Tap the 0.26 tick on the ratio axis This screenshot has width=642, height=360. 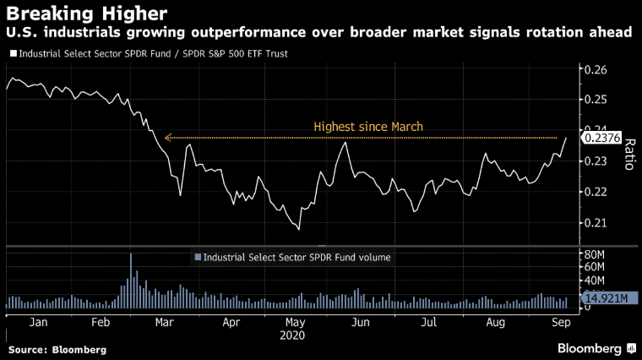pyautogui.click(x=596, y=69)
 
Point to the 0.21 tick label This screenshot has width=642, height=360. pyautogui.click(x=596, y=223)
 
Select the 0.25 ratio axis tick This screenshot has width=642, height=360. pyautogui.click(x=596, y=100)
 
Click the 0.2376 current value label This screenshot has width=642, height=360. pyautogui.click(x=601, y=139)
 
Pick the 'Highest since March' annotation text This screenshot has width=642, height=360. pyautogui.click(x=367, y=127)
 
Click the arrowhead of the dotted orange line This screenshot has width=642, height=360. pyautogui.click(x=168, y=137)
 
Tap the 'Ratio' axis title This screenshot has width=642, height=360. pyautogui.click(x=628, y=154)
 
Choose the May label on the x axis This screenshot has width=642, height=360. pyautogui.click(x=295, y=322)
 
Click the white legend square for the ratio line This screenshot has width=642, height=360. pyautogui.click(x=11, y=53)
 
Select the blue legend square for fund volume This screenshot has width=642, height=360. pyautogui.click(x=198, y=257)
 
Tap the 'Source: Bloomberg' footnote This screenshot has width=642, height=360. pyautogui.click(x=57, y=349)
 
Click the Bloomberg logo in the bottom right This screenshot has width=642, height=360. pyautogui.click(x=594, y=348)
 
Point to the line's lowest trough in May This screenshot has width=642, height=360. pyautogui.click(x=298, y=229)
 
